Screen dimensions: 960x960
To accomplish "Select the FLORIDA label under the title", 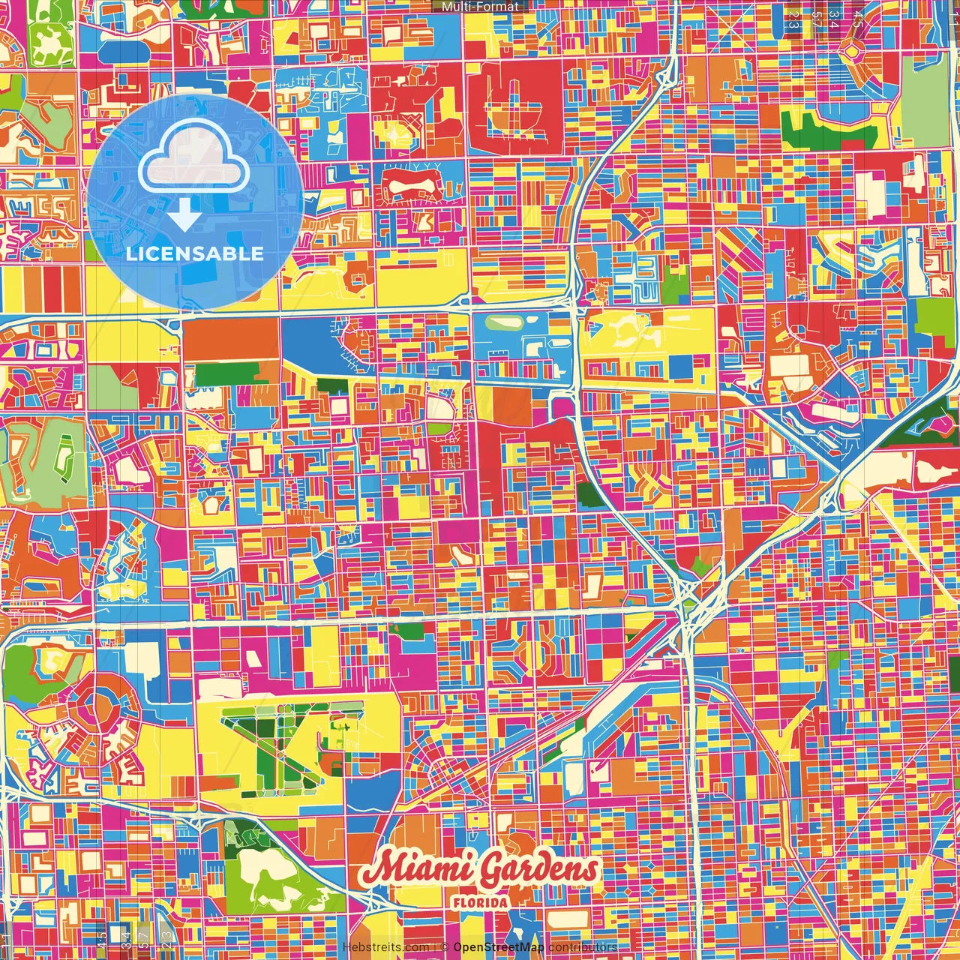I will [480, 902].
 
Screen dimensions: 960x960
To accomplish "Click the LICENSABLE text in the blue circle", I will [195, 253].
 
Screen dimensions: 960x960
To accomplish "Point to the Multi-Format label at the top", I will [480, 7].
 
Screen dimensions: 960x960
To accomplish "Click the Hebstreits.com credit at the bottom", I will [385, 947].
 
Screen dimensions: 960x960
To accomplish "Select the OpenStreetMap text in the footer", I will [498, 947].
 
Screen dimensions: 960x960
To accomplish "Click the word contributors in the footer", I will [583, 947].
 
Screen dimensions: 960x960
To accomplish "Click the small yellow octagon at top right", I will [853, 51].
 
